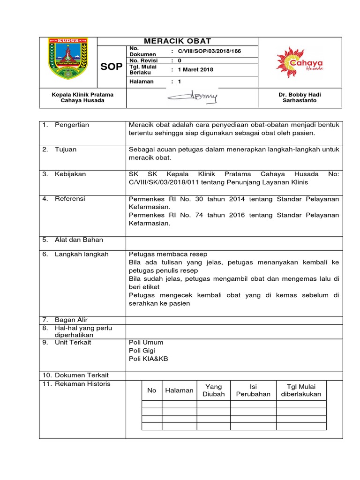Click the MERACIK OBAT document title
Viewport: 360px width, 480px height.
pos(177,41)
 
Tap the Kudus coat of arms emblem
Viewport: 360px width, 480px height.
pos(67,59)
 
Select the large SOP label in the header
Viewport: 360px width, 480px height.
pos(112,67)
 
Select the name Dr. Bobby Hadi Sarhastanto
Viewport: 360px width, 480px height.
pos(300,97)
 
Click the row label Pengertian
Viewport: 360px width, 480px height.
pos(72,125)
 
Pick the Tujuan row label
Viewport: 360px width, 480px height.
pos(66,150)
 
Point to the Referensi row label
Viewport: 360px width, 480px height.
pos(70,199)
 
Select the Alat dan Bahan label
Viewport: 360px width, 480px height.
pos(79,240)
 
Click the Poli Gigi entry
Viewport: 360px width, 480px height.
pos(142,351)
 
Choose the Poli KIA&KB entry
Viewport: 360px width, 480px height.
pos(148,359)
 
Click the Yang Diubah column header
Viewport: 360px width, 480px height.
pos(213,390)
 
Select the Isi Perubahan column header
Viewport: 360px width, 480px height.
pos(253,390)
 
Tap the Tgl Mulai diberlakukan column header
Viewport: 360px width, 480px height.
pos(300,390)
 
